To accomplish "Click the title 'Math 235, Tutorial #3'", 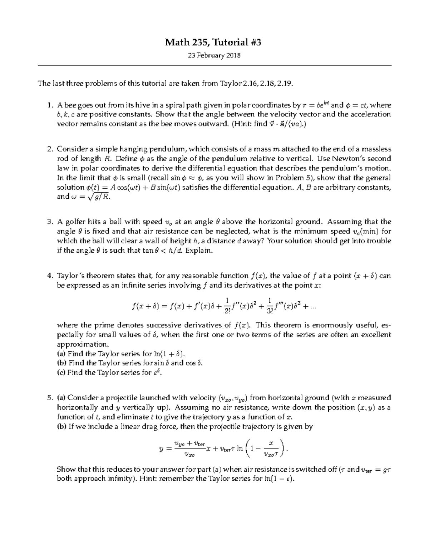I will [x=213, y=43].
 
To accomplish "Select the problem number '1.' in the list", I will [x=50, y=105].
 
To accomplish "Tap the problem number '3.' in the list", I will [x=50, y=222].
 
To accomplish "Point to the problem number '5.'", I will [x=50, y=398].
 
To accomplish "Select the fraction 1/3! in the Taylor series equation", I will [x=270, y=306].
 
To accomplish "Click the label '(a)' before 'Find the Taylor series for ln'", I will [x=61, y=354].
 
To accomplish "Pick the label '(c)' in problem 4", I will [x=61, y=373].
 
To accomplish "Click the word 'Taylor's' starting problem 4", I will [x=70, y=276].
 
